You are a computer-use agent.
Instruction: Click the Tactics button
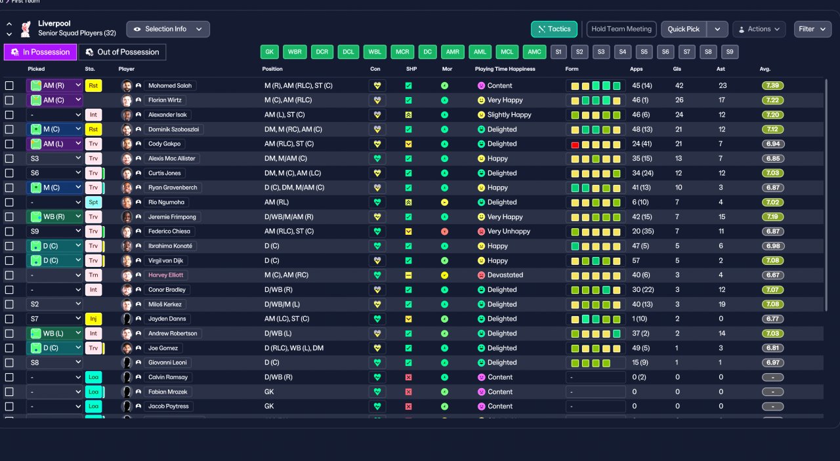pos(554,29)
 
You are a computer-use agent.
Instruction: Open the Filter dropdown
pos(812,29)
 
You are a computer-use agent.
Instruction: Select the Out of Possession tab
pos(122,52)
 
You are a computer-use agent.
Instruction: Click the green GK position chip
pos(269,52)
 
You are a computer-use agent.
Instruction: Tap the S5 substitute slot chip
pos(644,52)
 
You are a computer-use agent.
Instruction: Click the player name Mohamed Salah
pos(169,86)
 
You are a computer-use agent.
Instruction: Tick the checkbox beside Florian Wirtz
pos(9,100)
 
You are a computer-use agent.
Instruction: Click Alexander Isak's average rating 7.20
pos(772,115)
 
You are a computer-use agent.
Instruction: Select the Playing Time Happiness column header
pos(505,69)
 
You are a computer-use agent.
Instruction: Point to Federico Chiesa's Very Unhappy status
pos(509,231)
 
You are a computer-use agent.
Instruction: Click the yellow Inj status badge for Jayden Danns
pos(93,319)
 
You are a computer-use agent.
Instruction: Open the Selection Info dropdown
pos(168,29)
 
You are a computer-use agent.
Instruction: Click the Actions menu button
pos(759,29)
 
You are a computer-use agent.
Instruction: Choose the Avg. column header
pos(765,69)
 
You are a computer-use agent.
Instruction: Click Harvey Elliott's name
pos(165,275)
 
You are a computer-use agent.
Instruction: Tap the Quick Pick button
pos(684,29)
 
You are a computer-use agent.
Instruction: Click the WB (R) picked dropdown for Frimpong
pos(55,217)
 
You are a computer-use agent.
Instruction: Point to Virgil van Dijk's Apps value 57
pos(635,260)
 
